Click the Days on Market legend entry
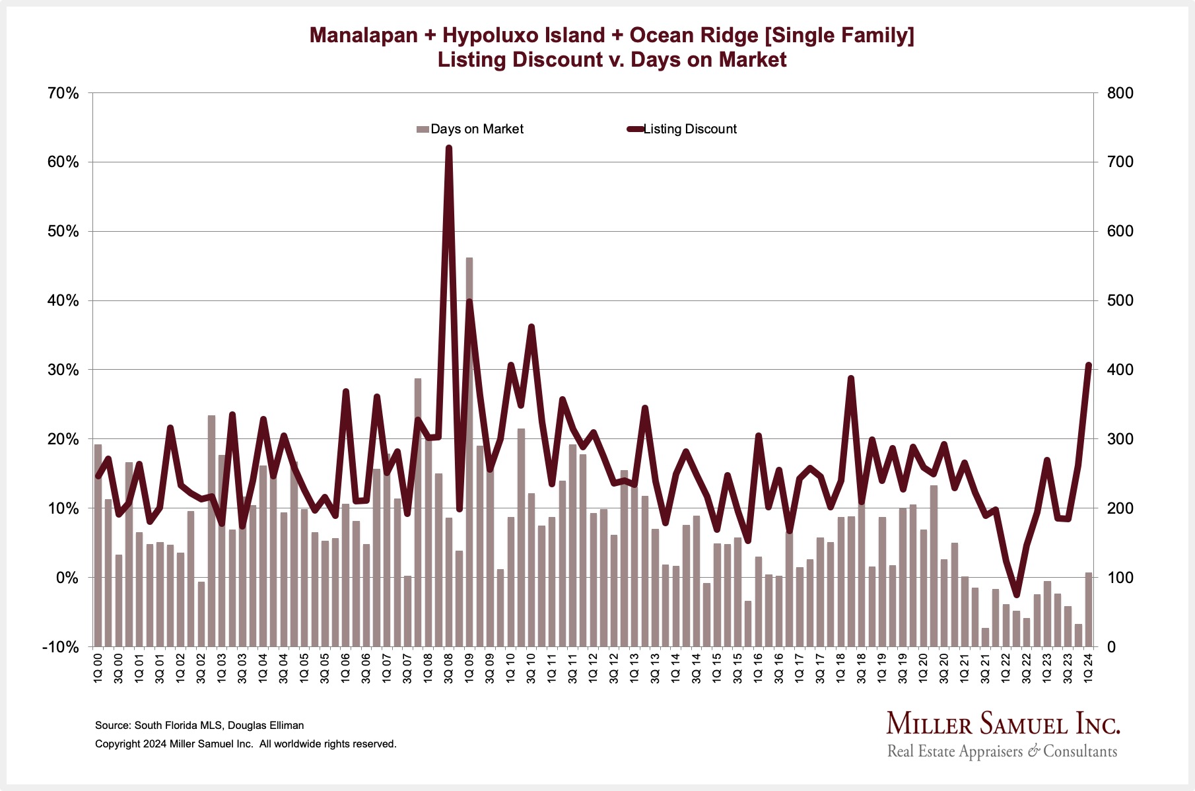pos(470,129)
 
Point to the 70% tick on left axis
pos(63,93)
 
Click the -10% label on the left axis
pos(60,647)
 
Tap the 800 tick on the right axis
pos(1120,93)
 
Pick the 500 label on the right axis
pos(1120,300)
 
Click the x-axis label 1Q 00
pos(98,668)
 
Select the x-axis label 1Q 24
pos(1089,668)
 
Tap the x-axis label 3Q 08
pos(449,668)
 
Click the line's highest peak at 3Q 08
pos(449,148)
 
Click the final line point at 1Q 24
pos(1089,364)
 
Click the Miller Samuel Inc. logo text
pos(1003,724)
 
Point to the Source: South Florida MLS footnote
pos(199,725)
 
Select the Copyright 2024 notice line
pos(246,743)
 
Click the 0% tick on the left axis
pos(66,578)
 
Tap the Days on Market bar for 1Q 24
pos(1089,609)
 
